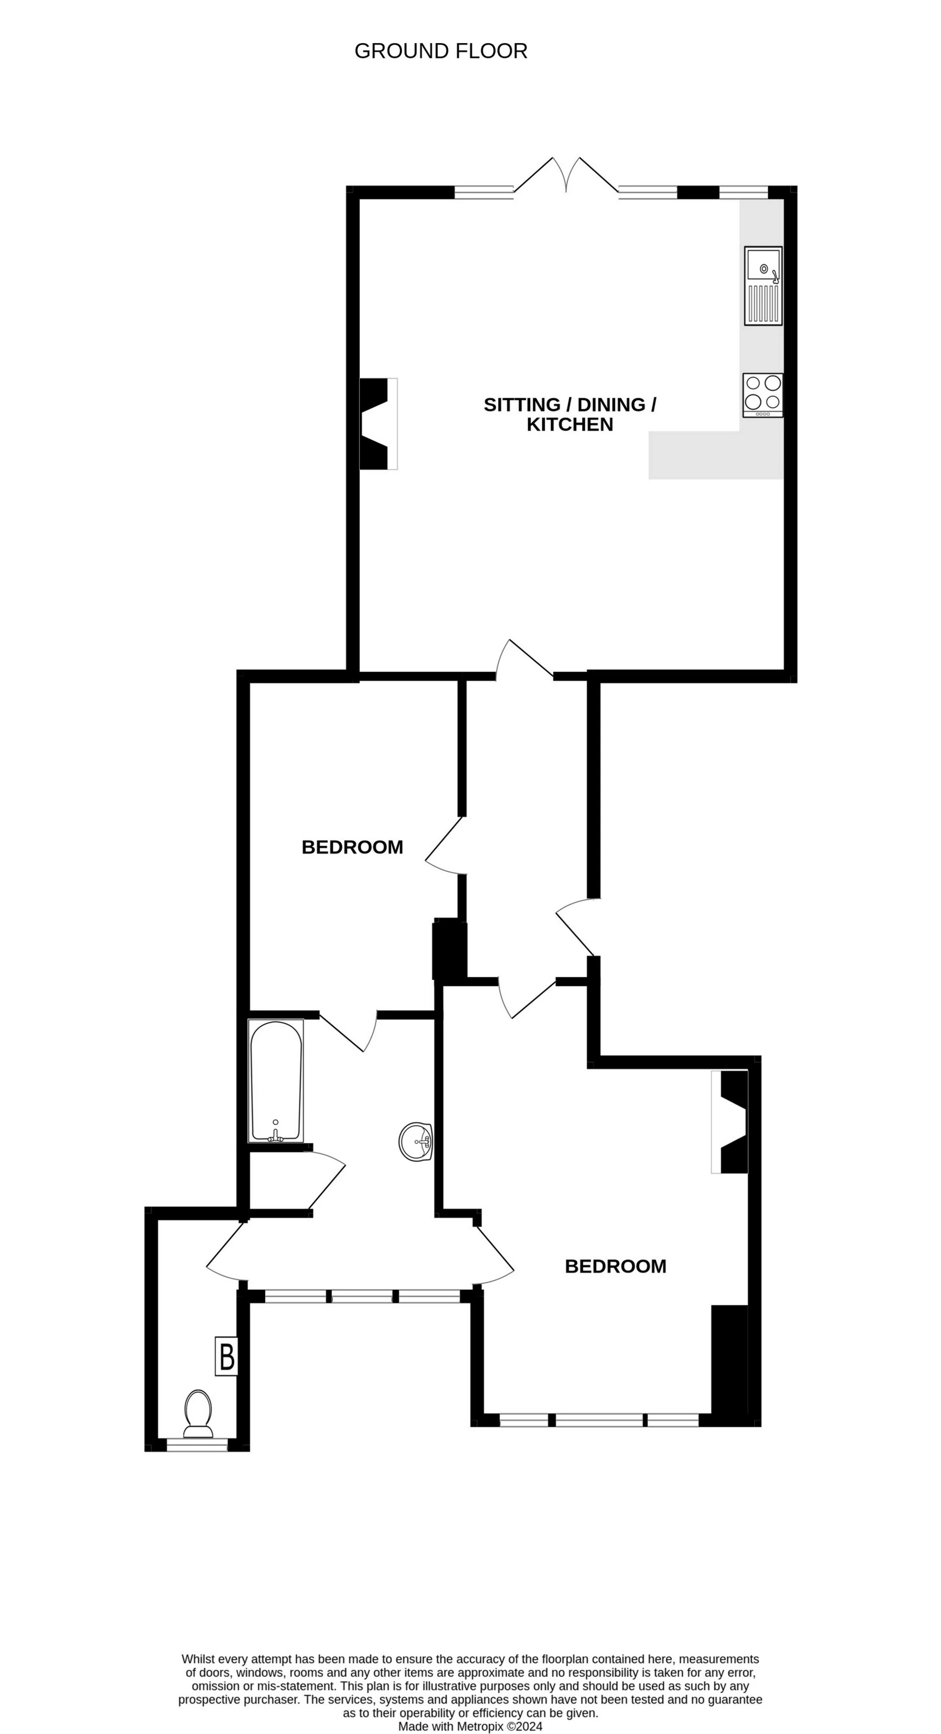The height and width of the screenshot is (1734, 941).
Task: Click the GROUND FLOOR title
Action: coord(441,51)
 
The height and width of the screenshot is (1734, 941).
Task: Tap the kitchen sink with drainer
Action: coord(763,286)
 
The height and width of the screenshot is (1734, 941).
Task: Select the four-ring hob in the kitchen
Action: coord(763,395)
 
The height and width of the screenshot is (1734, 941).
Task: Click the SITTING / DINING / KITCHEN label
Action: coord(570,414)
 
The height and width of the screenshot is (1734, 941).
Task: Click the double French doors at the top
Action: coord(566,176)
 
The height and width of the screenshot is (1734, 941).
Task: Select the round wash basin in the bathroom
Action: coord(415,1142)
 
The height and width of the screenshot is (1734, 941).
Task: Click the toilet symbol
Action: coord(198,1413)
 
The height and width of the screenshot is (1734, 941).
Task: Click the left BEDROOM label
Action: coord(352,847)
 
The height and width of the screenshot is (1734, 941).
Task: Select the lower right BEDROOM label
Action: coord(615,1266)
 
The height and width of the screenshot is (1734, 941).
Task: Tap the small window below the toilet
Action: coord(197,1444)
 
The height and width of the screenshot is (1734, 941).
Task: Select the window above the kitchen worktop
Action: coord(743,193)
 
